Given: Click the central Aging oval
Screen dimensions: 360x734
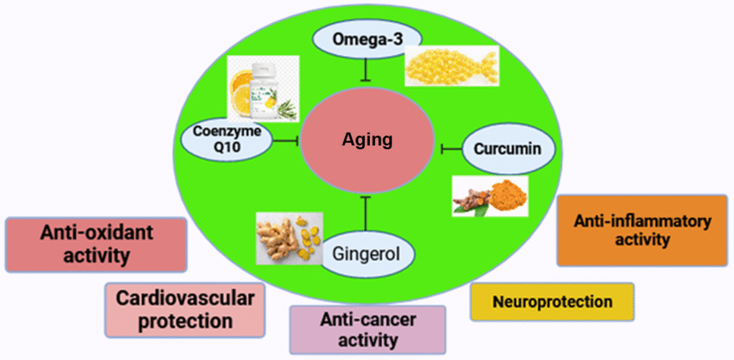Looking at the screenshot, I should (367, 139).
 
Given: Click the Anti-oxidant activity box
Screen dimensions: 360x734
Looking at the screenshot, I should (96, 245).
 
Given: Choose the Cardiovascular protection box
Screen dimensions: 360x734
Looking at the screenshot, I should (185, 310).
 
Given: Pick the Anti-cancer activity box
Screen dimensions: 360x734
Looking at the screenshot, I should (368, 329).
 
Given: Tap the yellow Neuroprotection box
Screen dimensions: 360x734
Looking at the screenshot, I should (552, 301).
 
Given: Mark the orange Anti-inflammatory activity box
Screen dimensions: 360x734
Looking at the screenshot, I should (642, 230).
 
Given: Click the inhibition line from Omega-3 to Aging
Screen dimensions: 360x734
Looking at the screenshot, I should (368, 69).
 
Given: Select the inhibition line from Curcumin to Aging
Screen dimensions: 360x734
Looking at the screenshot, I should (452, 148).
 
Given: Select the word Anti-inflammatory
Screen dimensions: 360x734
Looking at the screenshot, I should (642, 222).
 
